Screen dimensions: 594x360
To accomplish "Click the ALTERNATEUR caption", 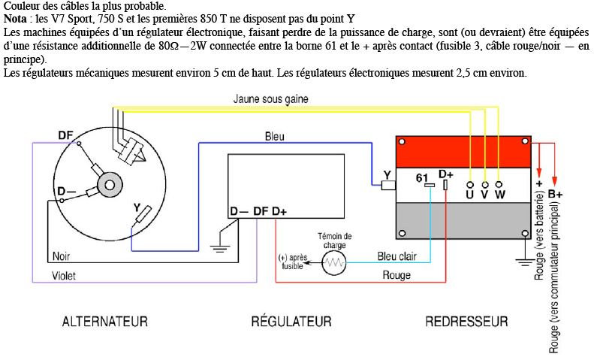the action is click(105, 322).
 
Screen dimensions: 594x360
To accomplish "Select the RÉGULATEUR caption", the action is click(291, 321).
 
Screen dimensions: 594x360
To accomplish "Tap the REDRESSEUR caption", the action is click(467, 322).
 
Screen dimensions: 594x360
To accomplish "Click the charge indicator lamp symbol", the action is click(333, 262).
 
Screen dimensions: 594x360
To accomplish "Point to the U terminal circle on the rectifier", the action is click(470, 185).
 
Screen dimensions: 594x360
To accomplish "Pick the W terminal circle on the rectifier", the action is click(499, 185).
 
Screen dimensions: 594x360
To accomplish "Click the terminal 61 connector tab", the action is click(430, 186).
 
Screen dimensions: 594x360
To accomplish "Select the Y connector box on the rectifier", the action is click(388, 186).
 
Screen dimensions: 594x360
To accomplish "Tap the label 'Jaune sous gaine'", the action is click(270, 99).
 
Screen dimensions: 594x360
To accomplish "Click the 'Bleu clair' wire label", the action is click(397, 256).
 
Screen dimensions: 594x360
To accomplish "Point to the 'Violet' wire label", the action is click(64, 276).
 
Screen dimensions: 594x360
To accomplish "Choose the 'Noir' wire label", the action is click(61, 256).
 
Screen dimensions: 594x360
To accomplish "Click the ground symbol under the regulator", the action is click(220, 248).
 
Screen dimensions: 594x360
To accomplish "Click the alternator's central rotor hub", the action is click(110, 186).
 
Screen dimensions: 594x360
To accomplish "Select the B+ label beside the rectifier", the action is click(555, 194).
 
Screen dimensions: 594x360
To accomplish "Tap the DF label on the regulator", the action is click(261, 211).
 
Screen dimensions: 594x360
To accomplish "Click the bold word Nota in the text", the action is click(15, 19).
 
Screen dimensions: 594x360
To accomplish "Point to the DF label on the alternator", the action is click(65, 135).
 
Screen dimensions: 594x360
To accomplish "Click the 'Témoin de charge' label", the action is click(334, 241).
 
